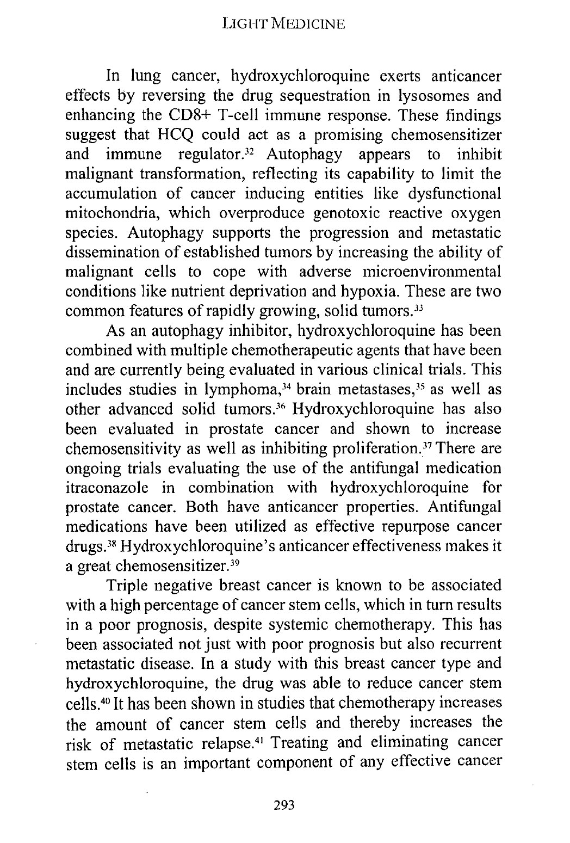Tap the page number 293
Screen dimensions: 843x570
click(x=284, y=805)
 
